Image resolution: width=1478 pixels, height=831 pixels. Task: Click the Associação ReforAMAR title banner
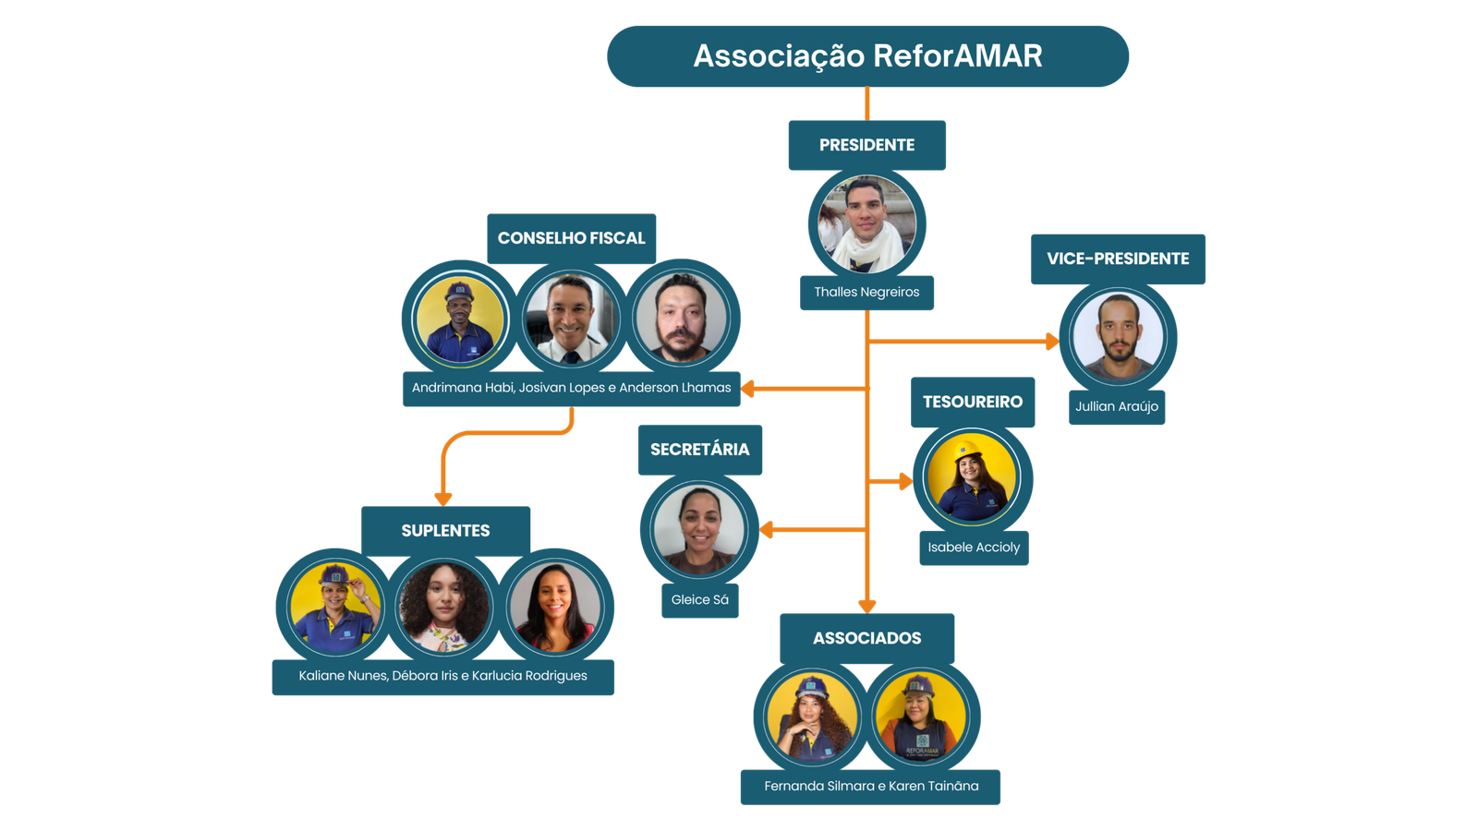coord(867,56)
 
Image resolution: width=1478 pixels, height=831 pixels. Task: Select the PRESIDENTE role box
coord(866,145)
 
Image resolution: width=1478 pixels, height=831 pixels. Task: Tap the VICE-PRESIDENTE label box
coord(1118,259)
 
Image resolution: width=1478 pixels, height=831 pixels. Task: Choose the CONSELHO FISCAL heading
coord(571,238)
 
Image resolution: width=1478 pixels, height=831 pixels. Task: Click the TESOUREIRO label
coord(973,402)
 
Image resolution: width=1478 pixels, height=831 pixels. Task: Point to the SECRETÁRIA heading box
coord(699,450)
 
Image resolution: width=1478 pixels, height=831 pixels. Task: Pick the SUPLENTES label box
coord(445,531)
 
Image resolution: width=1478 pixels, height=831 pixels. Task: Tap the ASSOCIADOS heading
coord(866,638)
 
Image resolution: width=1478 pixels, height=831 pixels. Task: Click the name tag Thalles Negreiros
coord(866,292)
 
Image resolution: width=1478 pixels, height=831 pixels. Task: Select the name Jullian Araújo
coord(1116,406)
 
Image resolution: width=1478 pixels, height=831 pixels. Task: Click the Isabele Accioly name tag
coord(974,548)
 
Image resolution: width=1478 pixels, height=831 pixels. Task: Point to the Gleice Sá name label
coord(699,600)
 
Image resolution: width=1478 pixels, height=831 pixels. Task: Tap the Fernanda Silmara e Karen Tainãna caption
coord(870,787)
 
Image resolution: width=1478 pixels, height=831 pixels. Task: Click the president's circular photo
coord(866,223)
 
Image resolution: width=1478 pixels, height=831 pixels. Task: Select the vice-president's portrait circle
coord(1118,337)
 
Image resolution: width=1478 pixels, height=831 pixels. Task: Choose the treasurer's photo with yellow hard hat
coord(972,479)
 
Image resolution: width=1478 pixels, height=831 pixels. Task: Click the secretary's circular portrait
coord(699,529)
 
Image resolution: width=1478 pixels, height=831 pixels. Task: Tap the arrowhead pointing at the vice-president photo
coord(1051,342)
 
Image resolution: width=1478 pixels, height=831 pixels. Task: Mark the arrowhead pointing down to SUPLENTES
coord(443,498)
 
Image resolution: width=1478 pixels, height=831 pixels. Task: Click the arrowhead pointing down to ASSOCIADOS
coord(866,606)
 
